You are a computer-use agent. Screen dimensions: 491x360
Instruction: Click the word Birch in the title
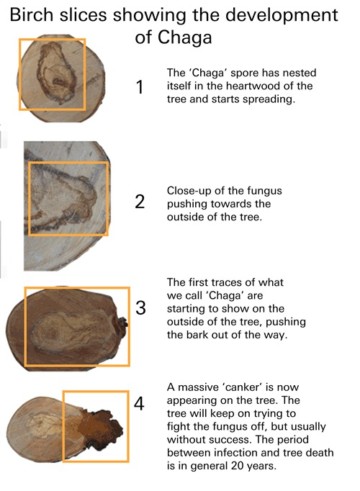click(x=36, y=17)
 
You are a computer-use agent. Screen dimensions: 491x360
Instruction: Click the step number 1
click(x=139, y=88)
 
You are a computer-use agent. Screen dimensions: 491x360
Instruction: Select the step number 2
click(x=139, y=202)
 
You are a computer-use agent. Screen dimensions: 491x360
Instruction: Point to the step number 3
click(x=141, y=306)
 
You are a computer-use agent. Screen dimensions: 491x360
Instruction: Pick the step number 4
click(x=140, y=404)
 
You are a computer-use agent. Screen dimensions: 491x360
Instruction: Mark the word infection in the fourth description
click(x=242, y=452)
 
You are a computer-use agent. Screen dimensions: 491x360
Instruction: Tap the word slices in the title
click(x=92, y=17)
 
